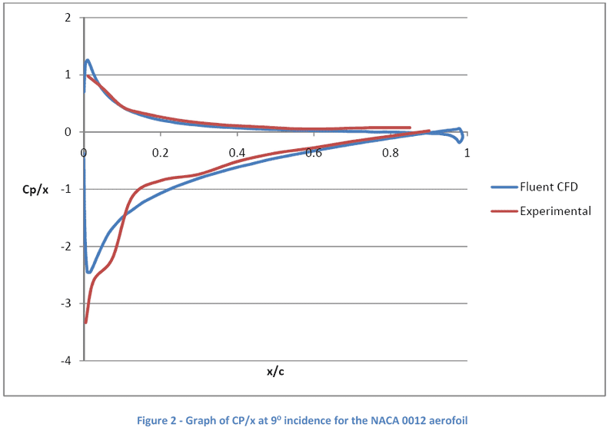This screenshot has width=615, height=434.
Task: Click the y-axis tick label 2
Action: pyautogui.click(x=68, y=18)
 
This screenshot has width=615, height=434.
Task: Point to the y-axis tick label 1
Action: pyautogui.click(x=68, y=75)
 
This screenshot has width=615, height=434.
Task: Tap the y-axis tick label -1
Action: pyautogui.click(x=67, y=189)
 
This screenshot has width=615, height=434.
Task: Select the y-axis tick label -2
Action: pyautogui.click(x=67, y=247)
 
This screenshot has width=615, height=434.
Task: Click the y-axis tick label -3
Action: pyautogui.click(x=67, y=303)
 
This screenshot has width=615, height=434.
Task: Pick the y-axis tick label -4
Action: pyautogui.click(x=67, y=361)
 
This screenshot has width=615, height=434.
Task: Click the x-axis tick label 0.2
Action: pyautogui.click(x=160, y=153)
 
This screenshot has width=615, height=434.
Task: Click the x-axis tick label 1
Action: pyautogui.click(x=466, y=153)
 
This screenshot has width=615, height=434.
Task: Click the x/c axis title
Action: pyautogui.click(x=275, y=372)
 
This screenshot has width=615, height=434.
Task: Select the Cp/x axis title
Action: pyautogui.click(x=35, y=190)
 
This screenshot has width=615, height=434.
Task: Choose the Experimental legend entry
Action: pyautogui.click(x=555, y=210)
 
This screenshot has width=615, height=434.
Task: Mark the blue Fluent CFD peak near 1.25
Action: pyautogui.click(x=88, y=60)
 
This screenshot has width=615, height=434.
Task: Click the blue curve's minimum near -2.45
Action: pyautogui.click(x=89, y=272)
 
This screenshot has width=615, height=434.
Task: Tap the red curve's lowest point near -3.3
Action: pyautogui.click(x=85, y=322)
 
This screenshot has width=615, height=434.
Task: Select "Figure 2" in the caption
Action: pyautogui.click(x=158, y=420)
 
